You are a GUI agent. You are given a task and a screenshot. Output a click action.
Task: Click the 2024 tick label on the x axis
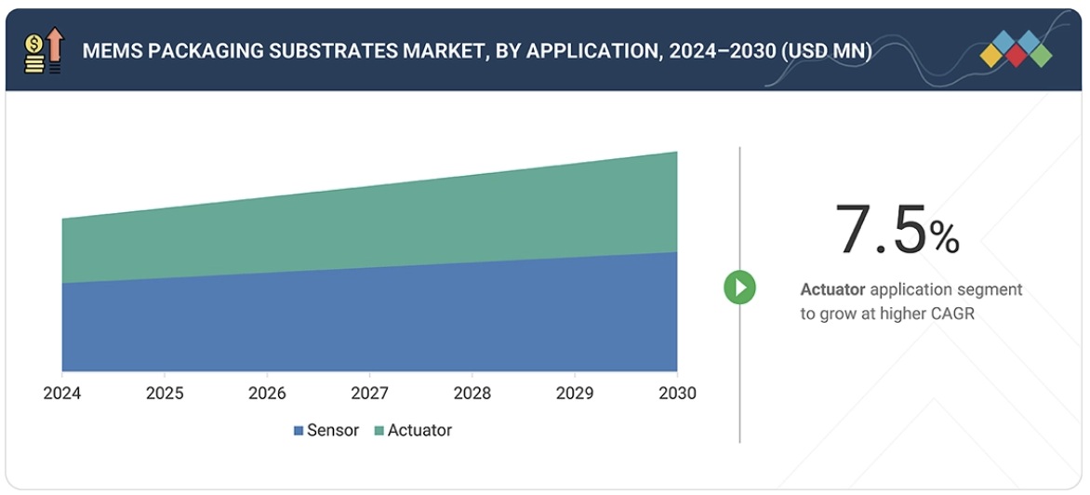tap(61, 394)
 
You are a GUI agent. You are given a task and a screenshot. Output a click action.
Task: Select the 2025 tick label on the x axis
tap(165, 394)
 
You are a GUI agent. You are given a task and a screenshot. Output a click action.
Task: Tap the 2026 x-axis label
tap(267, 394)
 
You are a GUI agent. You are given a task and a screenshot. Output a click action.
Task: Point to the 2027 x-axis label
tap(369, 394)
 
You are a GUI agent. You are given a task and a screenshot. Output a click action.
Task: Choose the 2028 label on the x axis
tap(472, 394)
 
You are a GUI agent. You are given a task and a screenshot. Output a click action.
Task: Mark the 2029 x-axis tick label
tap(574, 394)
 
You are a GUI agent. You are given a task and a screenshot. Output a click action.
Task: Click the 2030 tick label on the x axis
tap(676, 394)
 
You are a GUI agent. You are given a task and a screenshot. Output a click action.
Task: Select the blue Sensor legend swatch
tap(299, 431)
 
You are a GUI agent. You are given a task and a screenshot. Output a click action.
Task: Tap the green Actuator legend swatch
tap(379, 431)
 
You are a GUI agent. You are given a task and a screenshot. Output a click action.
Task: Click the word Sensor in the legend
tap(333, 431)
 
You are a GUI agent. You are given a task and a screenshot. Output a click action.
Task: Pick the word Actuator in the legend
tap(419, 431)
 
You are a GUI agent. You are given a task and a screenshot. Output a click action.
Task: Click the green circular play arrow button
tap(740, 288)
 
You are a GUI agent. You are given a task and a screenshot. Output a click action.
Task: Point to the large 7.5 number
tap(880, 230)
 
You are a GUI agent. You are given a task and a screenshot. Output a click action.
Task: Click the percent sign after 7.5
tap(944, 239)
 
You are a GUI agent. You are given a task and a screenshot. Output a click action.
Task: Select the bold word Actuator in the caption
tap(832, 290)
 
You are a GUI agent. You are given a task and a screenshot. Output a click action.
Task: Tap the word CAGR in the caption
tap(953, 314)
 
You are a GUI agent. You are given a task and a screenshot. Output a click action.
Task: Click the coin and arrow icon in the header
tap(44, 51)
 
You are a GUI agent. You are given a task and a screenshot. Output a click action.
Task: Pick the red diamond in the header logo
tap(1016, 57)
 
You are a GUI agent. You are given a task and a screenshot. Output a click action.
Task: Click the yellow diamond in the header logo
tap(991, 56)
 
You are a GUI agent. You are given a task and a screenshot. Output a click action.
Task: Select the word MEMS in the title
tap(107, 51)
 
